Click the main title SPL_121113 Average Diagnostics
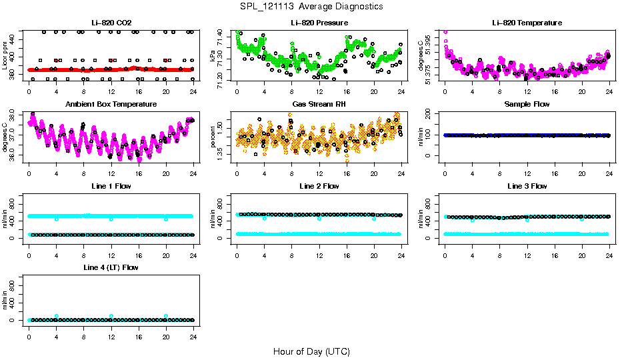click(x=312, y=6)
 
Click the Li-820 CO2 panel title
click(x=110, y=23)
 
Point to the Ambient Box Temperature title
click(x=111, y=104)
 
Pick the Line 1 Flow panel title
click(x=111, y=186)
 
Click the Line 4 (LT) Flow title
click(x=111, y=267)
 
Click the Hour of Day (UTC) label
click(x=311, y=351)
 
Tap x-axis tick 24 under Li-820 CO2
click(x=193, y=91)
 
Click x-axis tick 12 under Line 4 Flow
click(x=111, y=335)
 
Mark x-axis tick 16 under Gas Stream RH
click(x=347, y=172)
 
